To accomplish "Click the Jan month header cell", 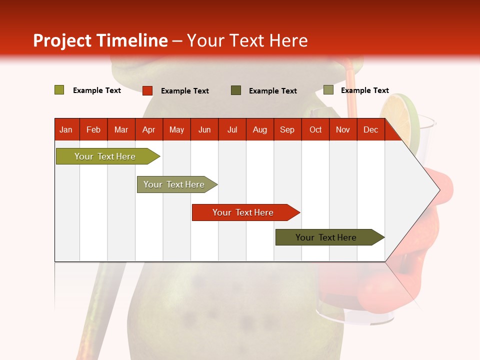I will [x=66, y=129].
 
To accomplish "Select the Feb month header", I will [x=93, y=129].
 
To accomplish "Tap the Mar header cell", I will [x=121, y=129].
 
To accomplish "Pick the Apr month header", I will [x=149, y=129].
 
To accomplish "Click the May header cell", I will [x=176, y=129].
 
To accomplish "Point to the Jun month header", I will [x=204, y=129].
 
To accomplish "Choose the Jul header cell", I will [x=232, y=129].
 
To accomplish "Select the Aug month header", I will [x=260, y=129].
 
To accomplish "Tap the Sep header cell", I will [x=287, y=129].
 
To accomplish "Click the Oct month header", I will [x=315, y=129].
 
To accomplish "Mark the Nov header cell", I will [x=343, y=129].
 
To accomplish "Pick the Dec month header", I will [x=371, y=129].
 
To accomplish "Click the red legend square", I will [x=147, y=90].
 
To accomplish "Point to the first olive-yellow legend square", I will [x=59, y=90].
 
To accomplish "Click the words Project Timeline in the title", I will [x=100, y=40].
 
